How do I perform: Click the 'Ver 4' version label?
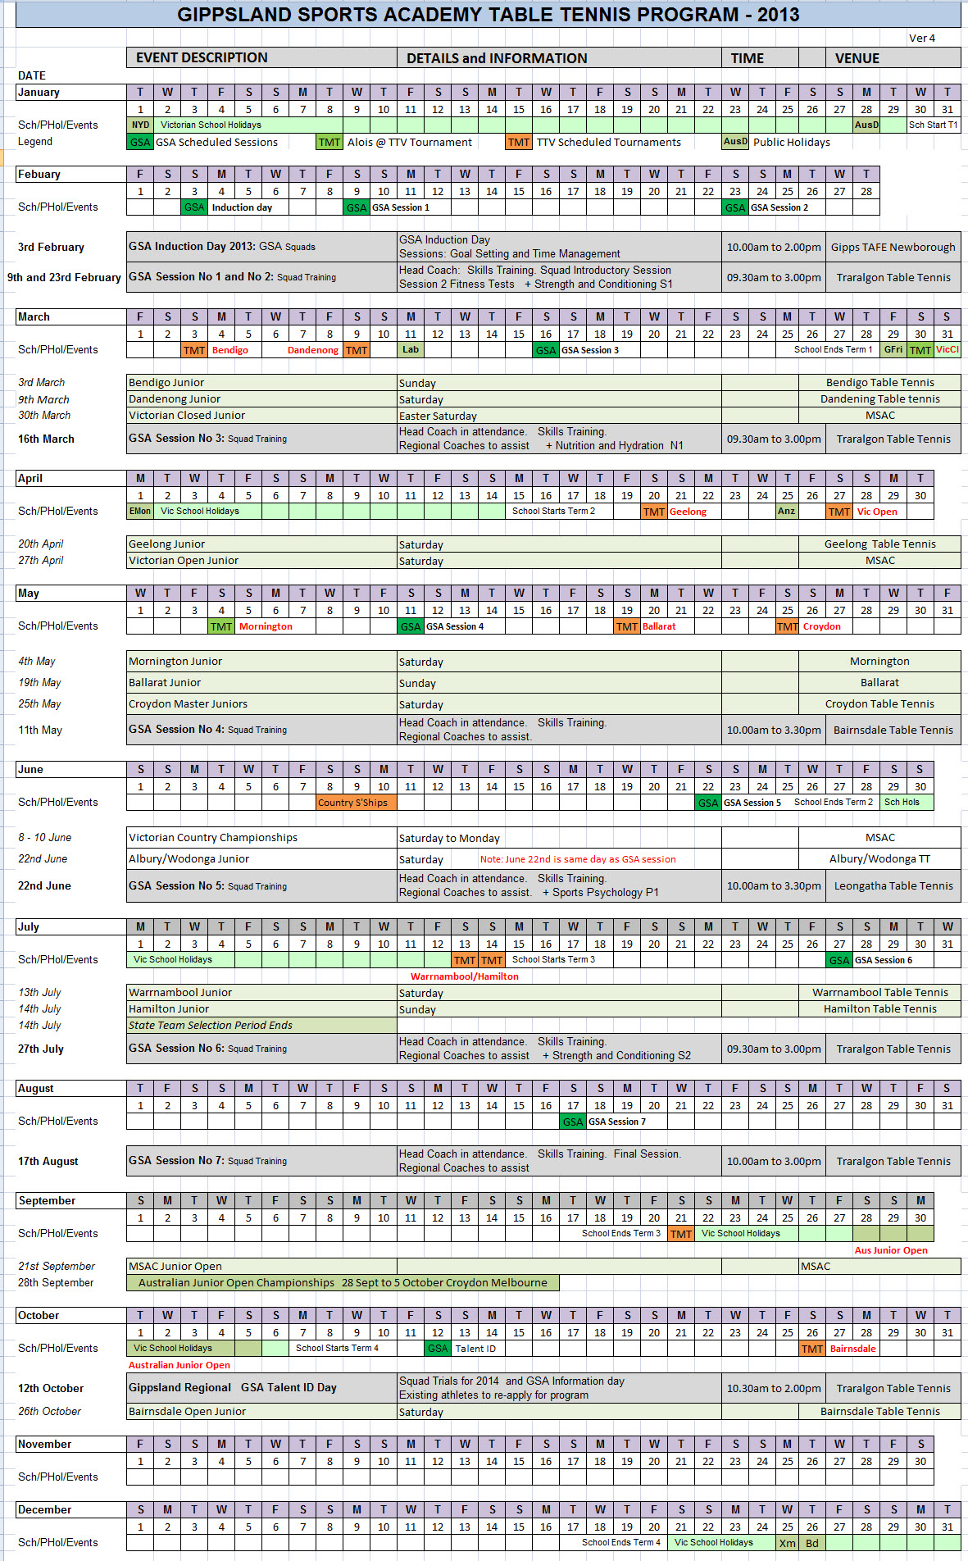921,38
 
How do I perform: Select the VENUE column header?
857,58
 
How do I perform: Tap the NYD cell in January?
140,125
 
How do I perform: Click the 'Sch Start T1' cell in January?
933,125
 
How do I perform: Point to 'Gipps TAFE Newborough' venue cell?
893,247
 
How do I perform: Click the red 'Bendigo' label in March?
230,350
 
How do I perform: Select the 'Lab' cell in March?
411,349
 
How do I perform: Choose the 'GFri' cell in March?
893,349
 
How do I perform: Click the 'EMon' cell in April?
140,511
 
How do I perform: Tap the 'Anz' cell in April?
786,511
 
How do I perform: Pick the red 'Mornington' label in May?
266,626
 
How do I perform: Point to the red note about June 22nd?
578,859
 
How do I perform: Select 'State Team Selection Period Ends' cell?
211,1025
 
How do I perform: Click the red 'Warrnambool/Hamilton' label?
464,976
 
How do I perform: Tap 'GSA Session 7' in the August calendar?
616,1122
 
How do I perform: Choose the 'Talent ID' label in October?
475,1349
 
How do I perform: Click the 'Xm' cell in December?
787,1543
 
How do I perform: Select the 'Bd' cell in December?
812,1543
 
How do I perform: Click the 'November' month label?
45,1445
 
